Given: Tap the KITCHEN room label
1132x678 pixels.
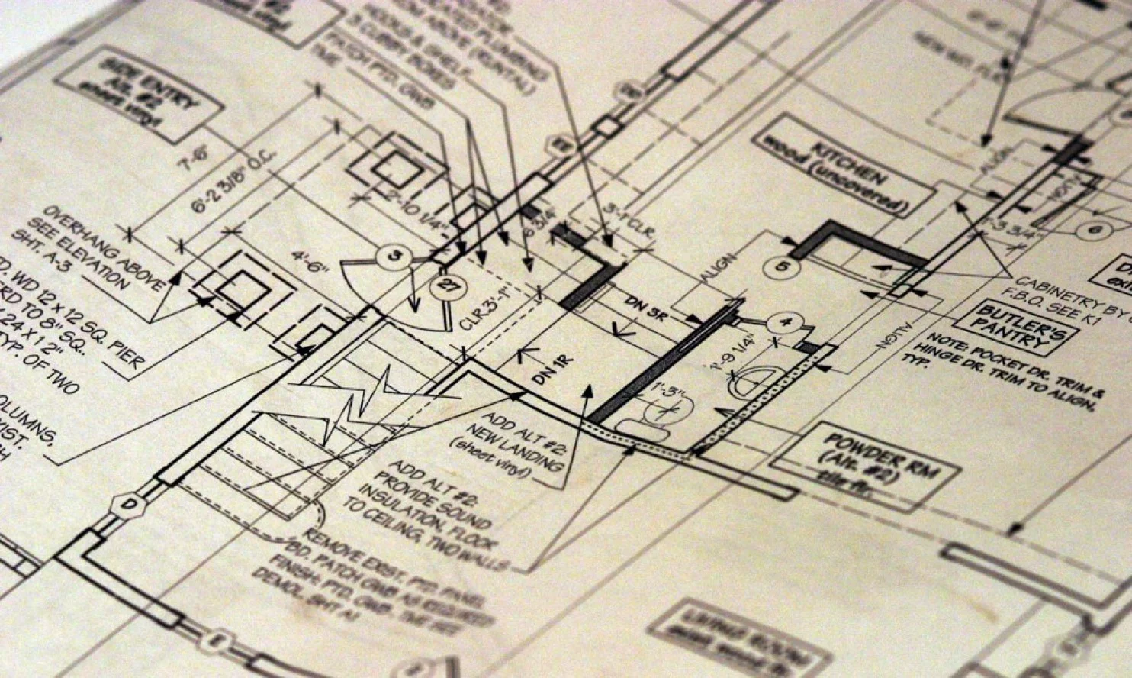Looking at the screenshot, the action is pyautogui.click(x=842, y=163).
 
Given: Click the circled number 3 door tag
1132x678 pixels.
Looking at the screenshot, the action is pyautogui.click(x=394, y=257).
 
